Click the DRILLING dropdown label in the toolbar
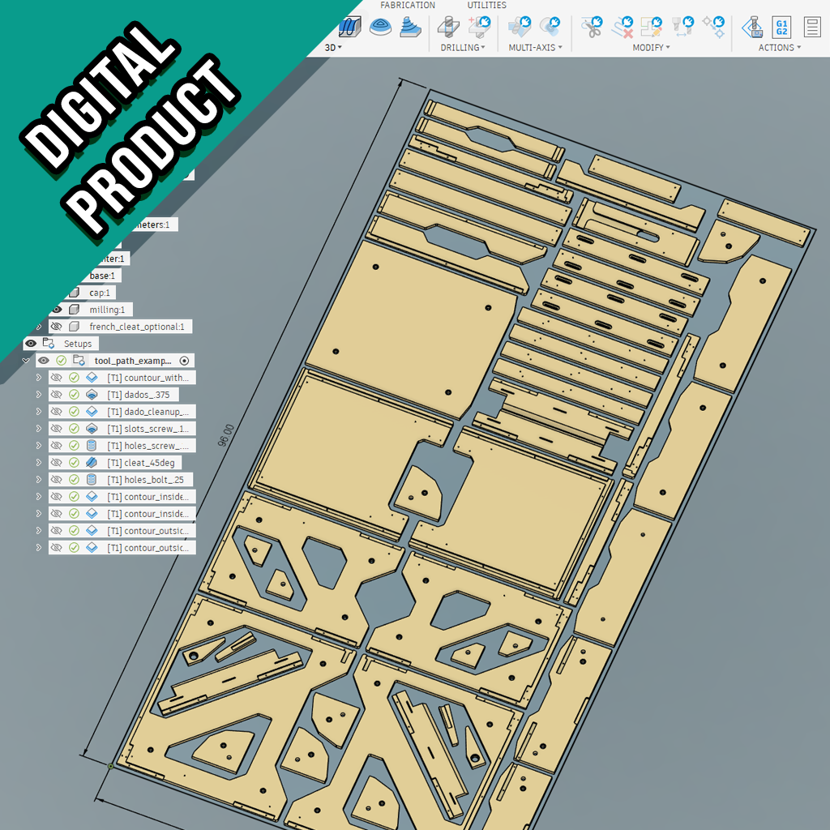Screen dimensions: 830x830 [x=462, y=48]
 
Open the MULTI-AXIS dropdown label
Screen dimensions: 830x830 [x=534, y=48]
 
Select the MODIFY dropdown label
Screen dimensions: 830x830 [x=651, y=48]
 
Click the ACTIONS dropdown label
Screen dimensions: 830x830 [x=779, y=48]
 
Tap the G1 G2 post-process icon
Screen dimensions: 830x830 [x=781, y=27]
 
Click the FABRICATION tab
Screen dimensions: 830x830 [x=408, y=6]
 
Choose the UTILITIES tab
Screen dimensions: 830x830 [x=486, y=6]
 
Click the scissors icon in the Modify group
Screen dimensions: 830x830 [x=593, y=27]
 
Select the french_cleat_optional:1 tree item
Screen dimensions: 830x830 [x=137, y=327]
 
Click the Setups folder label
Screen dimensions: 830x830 [x=78, y=344]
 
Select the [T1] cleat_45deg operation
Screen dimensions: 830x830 [x=143, y=463]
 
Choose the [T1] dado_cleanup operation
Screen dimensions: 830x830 [x=150, y=412]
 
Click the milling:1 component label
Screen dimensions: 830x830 [x=107, y=310]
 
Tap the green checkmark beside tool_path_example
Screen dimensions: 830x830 [x=62, y=361]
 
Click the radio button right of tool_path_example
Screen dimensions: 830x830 [x=184, y=361]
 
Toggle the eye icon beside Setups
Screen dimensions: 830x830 [x=31, y=344]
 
